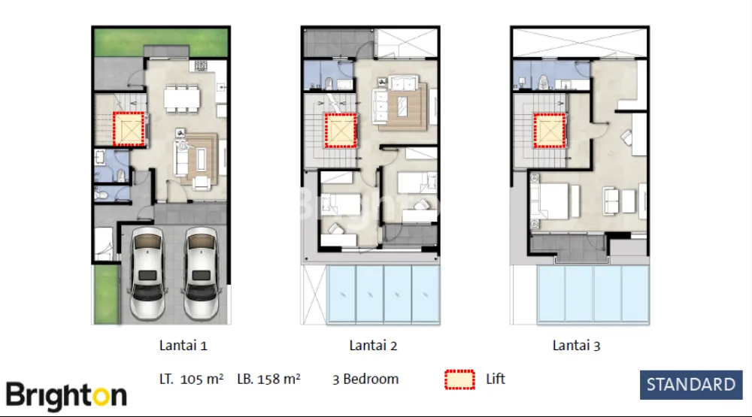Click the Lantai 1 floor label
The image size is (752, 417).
tap(183, 346)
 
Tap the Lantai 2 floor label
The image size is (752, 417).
tap(373, 346)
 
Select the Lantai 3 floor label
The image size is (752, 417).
tap(577, 346)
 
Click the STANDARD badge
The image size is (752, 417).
tap(691, 385)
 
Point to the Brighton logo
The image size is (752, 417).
tap(67, 396)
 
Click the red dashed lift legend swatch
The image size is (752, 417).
tap(459, 379)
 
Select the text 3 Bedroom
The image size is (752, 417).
tap(365, 379)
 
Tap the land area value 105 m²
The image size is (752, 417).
tap(202, 379)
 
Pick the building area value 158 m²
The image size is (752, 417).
tap(279, 379)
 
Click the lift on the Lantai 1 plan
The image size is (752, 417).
tap(129, 129)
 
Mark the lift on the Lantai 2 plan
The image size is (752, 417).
tap(341, 131)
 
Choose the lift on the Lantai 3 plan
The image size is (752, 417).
tap(550, 131)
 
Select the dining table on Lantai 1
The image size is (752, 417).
tap(182, 99)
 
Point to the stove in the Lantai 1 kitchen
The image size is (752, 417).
tap(201, 65)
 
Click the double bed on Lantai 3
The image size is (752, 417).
tap(551, 201)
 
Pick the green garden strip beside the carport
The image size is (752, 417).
tap(106, 294)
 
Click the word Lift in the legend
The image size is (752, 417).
tap(496, 379)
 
